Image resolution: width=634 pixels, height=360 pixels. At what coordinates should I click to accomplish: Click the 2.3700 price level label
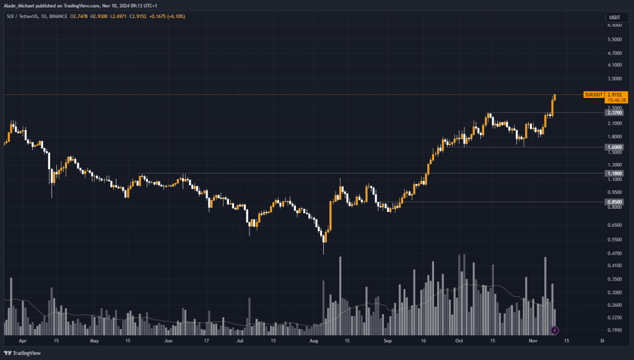[615, 113]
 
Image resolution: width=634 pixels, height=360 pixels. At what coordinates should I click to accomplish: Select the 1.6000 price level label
[615, 147]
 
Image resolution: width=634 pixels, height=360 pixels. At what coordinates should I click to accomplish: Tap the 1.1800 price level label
[615, 173]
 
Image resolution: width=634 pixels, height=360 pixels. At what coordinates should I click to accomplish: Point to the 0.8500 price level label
[615, 201]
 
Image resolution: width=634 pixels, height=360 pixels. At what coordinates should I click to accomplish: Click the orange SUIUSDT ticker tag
[593, 94]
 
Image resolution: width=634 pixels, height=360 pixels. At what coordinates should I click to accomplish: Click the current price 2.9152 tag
[615, 94]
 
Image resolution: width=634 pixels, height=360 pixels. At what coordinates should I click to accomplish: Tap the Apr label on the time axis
[23, 341]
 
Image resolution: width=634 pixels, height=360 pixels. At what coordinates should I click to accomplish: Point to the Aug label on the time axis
[314, 341]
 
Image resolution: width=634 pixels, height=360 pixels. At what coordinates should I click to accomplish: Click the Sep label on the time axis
[388, 341]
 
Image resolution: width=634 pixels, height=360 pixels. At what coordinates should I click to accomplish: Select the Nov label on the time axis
[532, 341]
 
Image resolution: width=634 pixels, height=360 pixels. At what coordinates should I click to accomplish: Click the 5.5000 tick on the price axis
[615, 40]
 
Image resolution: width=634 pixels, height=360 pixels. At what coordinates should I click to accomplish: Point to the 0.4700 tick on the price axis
[615, 253]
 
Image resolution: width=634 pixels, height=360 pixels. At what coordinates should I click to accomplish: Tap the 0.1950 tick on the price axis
[615, 330]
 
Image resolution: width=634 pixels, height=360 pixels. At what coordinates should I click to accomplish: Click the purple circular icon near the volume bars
[555, 330]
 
